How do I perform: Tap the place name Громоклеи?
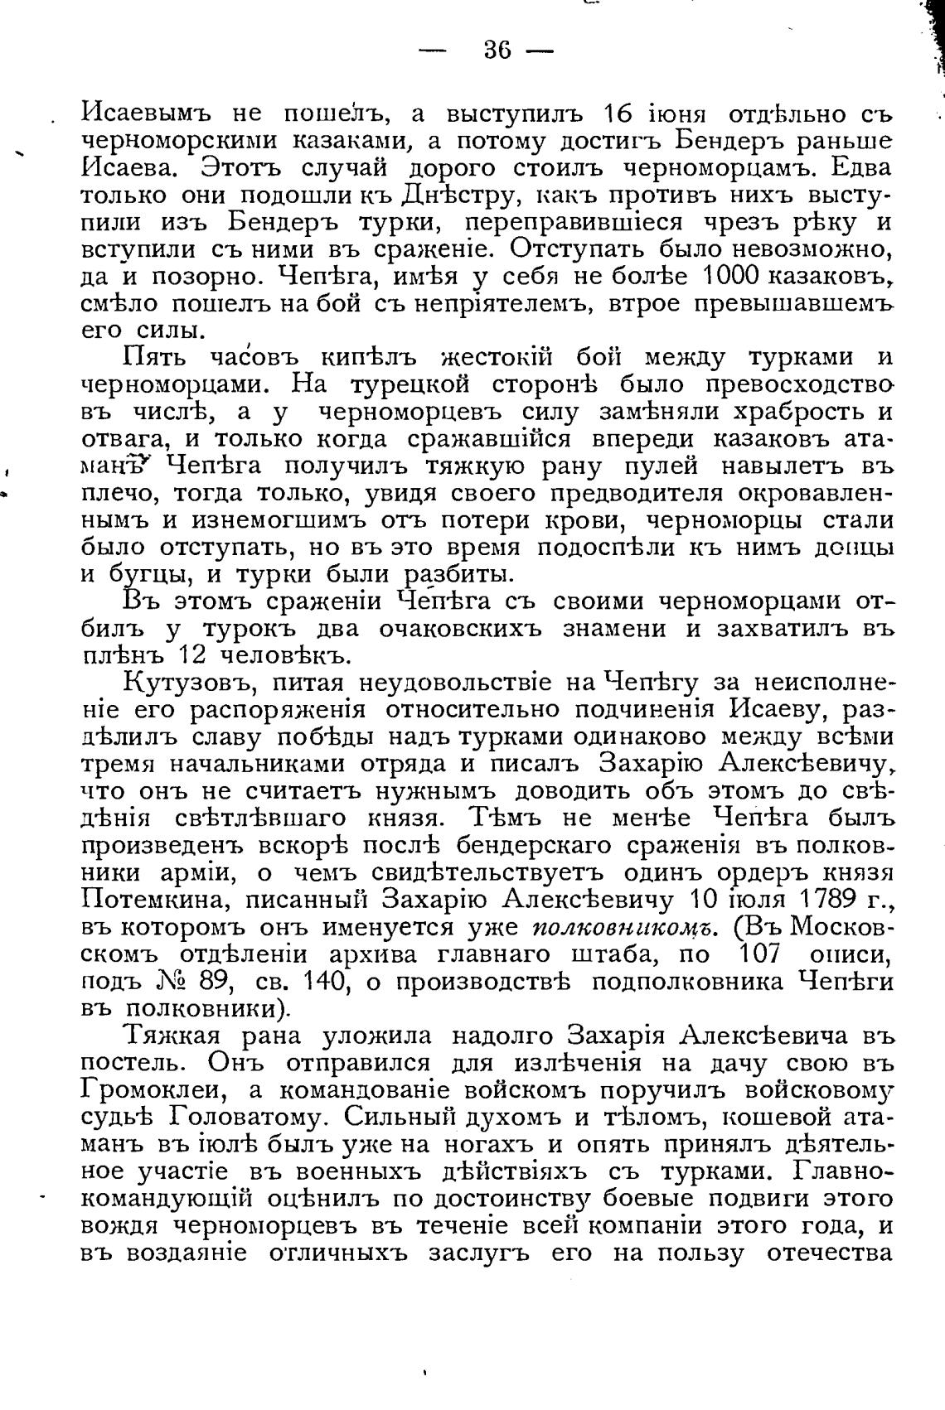(157, 1089)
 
